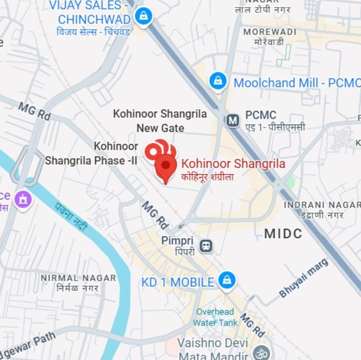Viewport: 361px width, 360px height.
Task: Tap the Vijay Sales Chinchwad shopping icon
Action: tap(143, 17)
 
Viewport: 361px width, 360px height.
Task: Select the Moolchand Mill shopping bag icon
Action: tap(218, 81)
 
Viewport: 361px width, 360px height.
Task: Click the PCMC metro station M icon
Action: tap(233, 120)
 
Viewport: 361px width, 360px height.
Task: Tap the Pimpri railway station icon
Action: tap(206, 245)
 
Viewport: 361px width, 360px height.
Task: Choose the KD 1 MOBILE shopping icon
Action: tap(227, 280)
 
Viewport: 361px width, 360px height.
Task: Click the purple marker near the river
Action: tap(23, 199)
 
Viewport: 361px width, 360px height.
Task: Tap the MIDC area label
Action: tap(283, 233)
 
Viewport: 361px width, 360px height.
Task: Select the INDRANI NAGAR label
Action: tap(322, 205)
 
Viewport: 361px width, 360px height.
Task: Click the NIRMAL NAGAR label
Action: tap(78, 278)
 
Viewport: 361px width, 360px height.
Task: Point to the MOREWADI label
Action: tap(269, 32)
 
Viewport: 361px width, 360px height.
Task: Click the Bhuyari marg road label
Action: tap(304, 278)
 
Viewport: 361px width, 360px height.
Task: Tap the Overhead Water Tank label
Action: tap(217, 317)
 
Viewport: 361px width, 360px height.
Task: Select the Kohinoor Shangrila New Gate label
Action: tap(160, 121)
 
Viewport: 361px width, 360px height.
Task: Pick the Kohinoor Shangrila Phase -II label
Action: tap(91, 153)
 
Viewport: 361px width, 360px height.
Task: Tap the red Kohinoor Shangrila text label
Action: tap(233, 164)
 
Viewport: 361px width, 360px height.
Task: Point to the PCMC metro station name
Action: tap(260, 115)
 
